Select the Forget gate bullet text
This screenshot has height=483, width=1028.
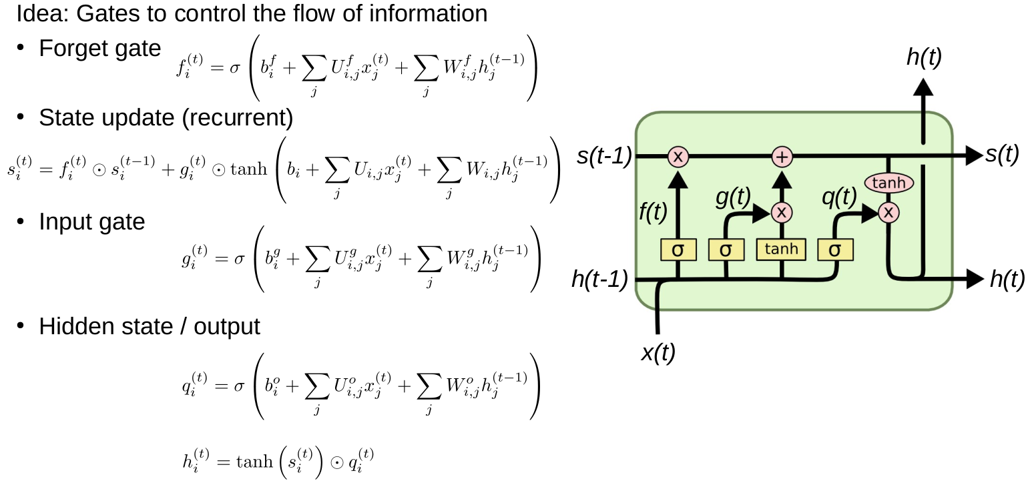tap(99, 48)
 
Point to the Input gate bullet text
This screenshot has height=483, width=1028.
tap(91, 221)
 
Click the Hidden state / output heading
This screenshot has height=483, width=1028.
tap(149, 326)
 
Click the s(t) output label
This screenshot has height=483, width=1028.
tap(1002, 155)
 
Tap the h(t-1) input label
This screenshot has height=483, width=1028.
tap(599, 280)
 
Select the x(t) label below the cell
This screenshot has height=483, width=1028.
tap(658, 352)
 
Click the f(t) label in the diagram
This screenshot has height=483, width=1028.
tap(653, 212)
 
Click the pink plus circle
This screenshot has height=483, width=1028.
tap(782, 157)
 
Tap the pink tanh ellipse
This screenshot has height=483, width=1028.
tap(888, 182)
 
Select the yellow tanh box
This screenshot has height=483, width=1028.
tap(781, 249)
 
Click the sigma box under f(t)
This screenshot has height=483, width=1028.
tap(678, 250)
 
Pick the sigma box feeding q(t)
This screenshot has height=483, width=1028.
tap(834, 250)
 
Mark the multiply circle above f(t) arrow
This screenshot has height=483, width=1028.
tap(678, 157)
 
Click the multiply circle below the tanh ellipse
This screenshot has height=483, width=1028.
tap(888, 212)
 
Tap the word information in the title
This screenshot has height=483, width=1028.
tap(435, 13)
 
